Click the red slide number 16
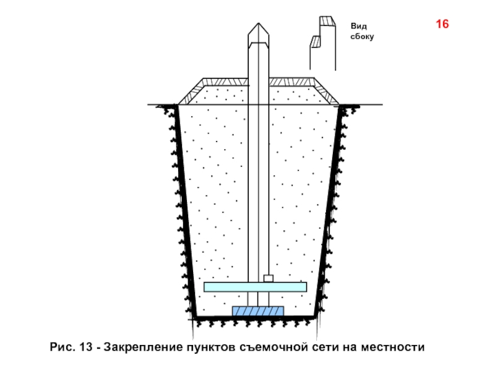[442, 25]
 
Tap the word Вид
[358, 27]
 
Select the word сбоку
[363, 37]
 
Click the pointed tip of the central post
[257, 27]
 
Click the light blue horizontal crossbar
[255, 287]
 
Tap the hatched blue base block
[258, 311]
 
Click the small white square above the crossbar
[268, 278]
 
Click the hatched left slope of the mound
[189, 92]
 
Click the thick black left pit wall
[183, 210]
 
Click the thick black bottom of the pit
[256, 318]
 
